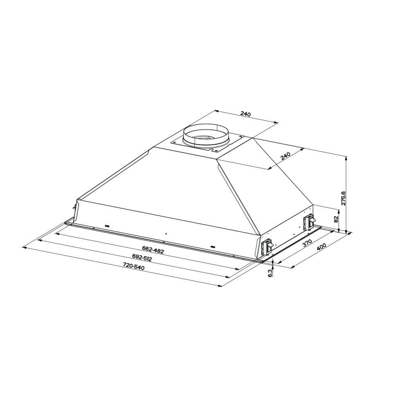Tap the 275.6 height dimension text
[x=343, y=198]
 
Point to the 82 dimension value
[x=337, y=219]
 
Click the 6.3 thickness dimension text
[x=270, y=274]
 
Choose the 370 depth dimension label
[x=308, y=244]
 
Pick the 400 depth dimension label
[x=321, y=248]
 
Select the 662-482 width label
[x=153, y=249]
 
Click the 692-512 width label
[x=142, y=258]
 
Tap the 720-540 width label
[x=134, y=266]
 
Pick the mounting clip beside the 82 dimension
[x=309, y=222]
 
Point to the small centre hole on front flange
[x=166, y=234]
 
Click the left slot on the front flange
[x=108, y=225]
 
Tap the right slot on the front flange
[x=212, y=247]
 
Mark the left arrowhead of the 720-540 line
[x=24, y=247]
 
